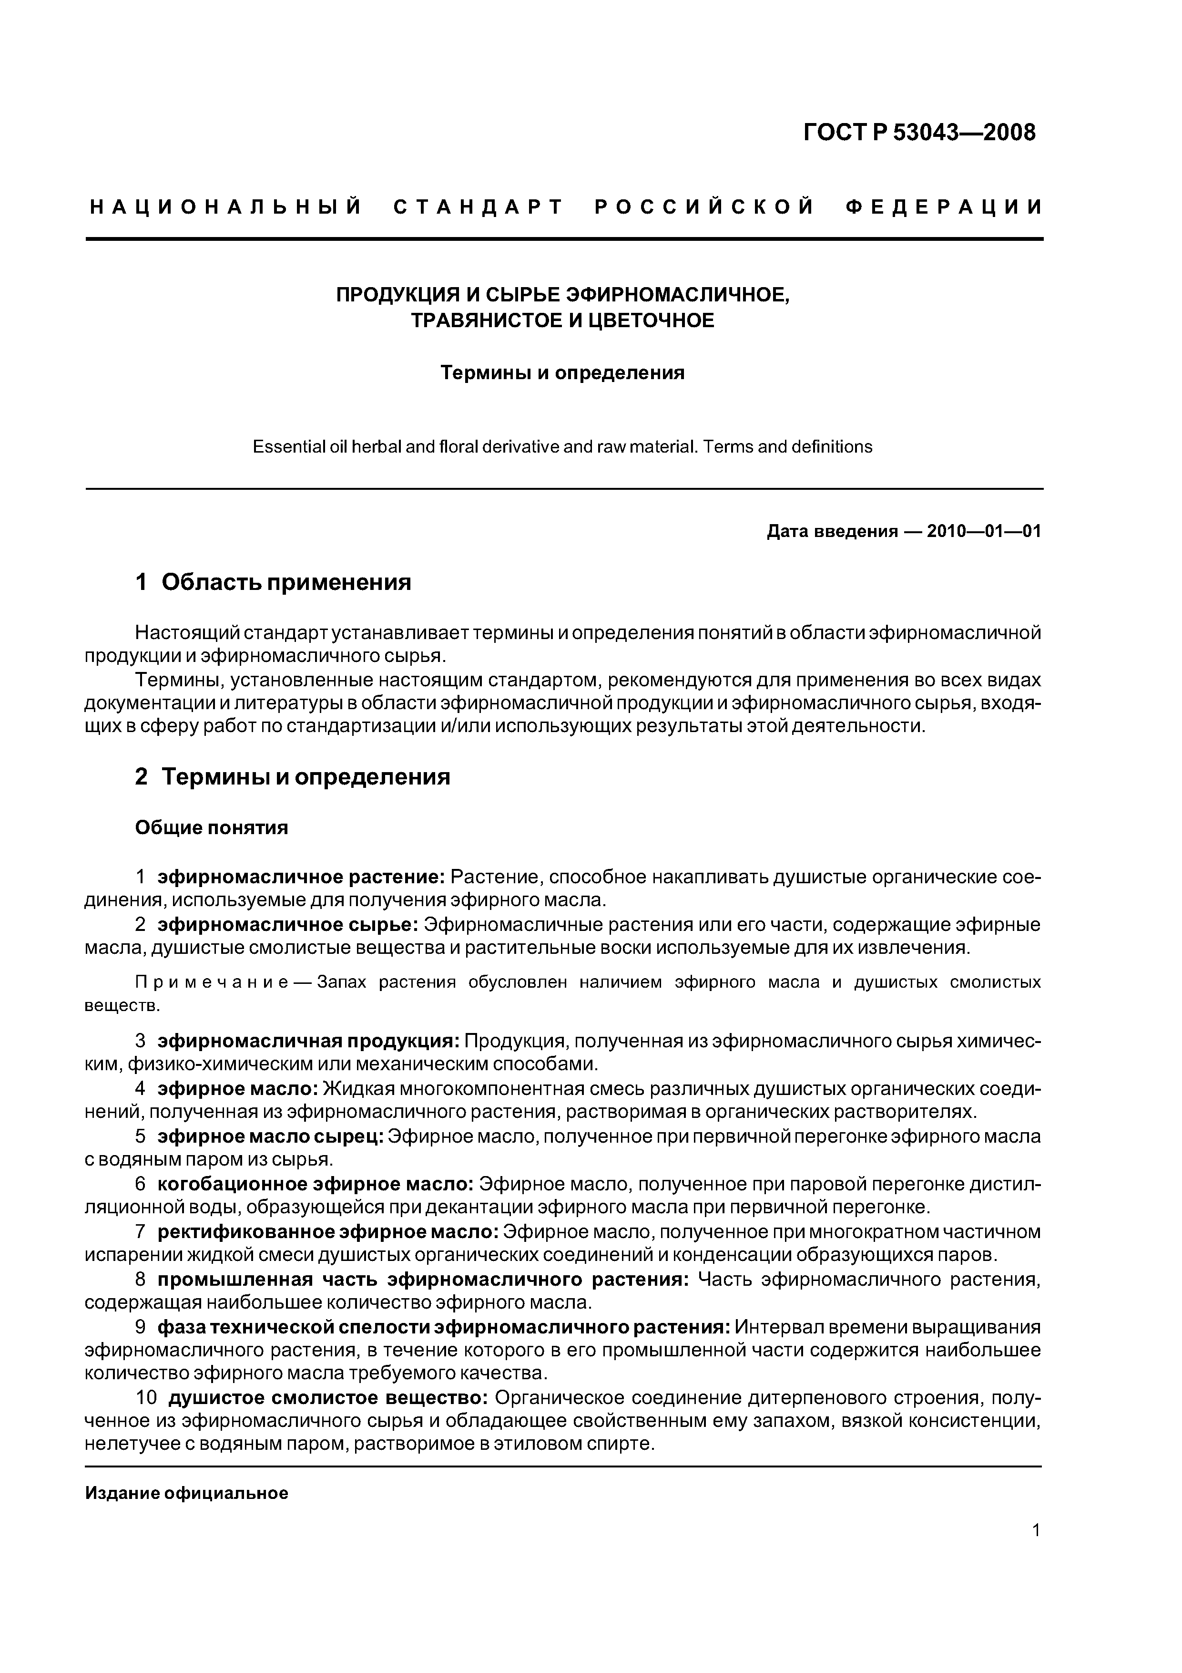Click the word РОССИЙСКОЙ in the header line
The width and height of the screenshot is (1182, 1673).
coord(704,207)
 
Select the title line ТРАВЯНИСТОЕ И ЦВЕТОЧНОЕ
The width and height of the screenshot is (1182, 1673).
coord(562,320)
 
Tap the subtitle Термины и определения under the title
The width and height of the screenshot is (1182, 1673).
coord(562,373)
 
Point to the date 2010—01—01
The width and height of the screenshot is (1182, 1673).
coord(984,531)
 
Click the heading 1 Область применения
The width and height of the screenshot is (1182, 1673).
coord(273,582)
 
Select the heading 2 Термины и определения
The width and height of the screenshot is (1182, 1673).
coord(292,777)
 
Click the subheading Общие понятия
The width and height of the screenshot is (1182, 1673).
coord(211,828)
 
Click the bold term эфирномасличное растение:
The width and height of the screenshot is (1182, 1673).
coord(302,877)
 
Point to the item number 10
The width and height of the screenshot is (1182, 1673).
coord(146,1398)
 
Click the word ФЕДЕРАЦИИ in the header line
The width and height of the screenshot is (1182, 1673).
coord(945,207)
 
